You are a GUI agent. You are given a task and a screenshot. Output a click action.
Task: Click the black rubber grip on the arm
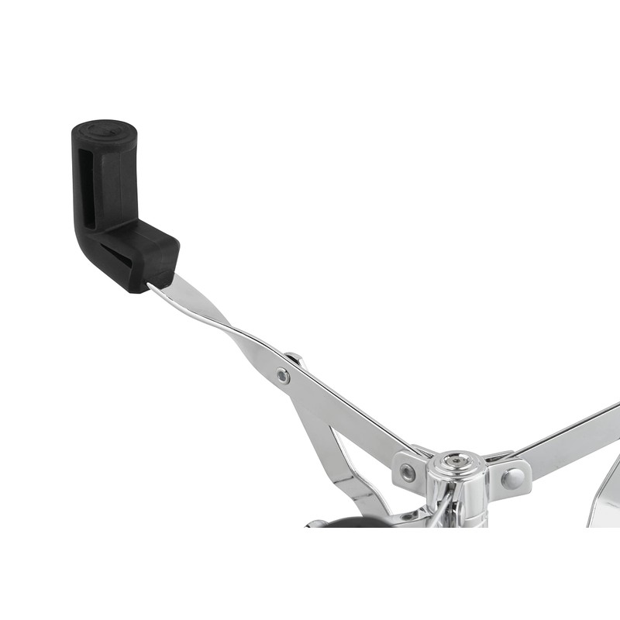[116, 201]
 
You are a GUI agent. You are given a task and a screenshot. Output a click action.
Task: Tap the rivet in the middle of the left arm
[284, 377]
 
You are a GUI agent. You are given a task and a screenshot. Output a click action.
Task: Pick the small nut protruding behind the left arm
[294, 358]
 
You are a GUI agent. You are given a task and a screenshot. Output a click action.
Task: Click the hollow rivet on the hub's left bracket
[408, 472]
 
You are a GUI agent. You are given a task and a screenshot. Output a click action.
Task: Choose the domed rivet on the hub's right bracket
[511, 477]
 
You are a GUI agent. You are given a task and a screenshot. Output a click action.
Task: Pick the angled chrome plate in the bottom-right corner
[604, 496]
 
